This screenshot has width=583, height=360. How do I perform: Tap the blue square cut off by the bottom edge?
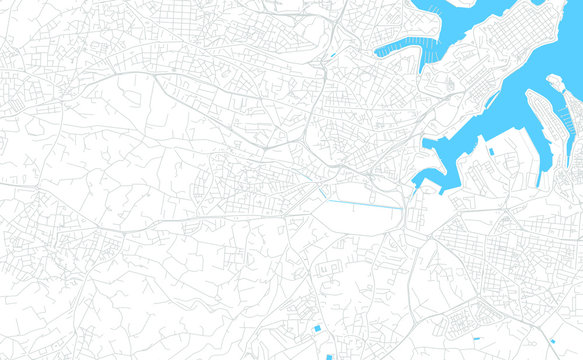tap(329, 356)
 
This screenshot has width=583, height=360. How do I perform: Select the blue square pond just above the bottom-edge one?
tap(318, 328)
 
